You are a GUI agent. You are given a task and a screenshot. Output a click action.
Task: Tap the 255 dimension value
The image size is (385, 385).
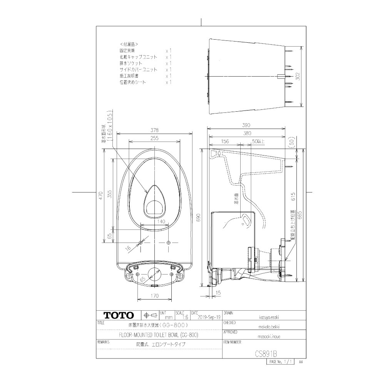[154, 138]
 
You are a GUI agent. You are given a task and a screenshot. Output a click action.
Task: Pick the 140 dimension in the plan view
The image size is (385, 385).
[161, 221]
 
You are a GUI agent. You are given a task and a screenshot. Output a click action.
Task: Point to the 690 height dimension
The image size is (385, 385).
[199, 218]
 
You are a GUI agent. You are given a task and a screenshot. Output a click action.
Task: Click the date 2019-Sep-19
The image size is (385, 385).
[208, 318]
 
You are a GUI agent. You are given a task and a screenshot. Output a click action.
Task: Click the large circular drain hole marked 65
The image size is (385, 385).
[154, 273]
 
